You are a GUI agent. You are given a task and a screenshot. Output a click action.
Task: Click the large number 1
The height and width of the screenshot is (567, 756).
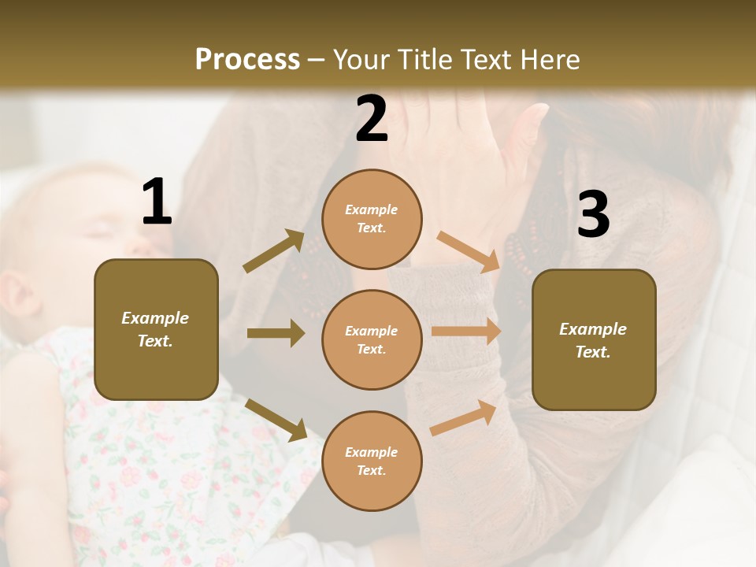(x=157, y=202)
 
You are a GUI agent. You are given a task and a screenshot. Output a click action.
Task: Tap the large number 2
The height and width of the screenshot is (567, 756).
(x=372, y=119)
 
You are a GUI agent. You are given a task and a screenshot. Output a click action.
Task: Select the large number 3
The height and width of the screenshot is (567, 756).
(x=593, y=215)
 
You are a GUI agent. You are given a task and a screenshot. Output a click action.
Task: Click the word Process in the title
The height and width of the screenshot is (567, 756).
(x=247, y=59)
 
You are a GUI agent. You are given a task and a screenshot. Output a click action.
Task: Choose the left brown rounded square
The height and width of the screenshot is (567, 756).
(x=156, y=329)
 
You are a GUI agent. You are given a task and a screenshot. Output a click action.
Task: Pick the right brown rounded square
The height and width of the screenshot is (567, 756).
(x=594, y=339)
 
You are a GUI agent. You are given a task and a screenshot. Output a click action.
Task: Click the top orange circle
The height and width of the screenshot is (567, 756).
(x=372, y=219)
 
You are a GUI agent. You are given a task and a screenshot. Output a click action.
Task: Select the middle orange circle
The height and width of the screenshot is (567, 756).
(x=372, y=339)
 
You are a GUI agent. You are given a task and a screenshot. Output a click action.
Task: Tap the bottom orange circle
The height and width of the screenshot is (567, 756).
(x=372, y=461)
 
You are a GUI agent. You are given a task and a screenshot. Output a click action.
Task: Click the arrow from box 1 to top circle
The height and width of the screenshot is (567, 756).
(x=274, y=251)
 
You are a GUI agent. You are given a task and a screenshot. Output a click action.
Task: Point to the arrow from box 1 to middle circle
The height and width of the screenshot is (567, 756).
(x=276, y=333)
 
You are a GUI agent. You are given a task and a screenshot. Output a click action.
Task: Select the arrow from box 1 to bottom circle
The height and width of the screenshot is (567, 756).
(x=276, y=419)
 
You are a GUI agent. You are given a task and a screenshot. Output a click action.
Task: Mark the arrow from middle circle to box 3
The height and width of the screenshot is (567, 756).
(x=466, y=332)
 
